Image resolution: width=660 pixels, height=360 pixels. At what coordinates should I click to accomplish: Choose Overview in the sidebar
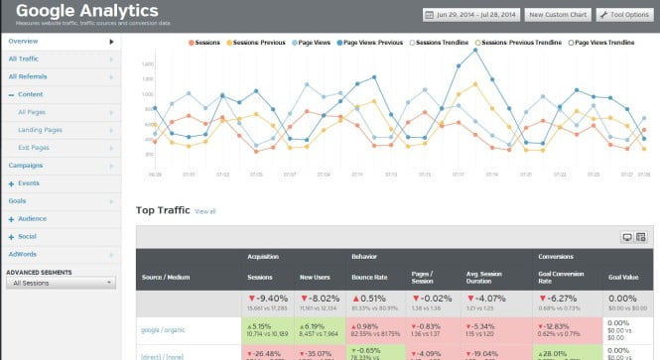(24, 42)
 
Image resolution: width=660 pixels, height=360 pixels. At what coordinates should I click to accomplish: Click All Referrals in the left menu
(28, 76)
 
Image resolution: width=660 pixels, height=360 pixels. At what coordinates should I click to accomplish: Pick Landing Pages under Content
(39, 129)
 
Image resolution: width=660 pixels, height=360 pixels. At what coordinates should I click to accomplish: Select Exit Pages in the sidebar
(34, 147)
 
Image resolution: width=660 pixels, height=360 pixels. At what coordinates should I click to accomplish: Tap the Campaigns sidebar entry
(26, 165)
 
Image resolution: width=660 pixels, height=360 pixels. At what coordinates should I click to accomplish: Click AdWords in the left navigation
(22, 254)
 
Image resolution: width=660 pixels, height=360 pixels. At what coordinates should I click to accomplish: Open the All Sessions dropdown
(61, 283)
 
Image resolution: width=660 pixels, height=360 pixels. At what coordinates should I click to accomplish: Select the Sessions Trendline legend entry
(442, 43)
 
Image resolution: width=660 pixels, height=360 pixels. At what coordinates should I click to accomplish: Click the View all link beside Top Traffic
(205, 211)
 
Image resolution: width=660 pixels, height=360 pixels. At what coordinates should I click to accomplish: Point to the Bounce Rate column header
(366, 278)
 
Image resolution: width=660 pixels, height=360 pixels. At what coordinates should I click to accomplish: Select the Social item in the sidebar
(27, 236)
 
